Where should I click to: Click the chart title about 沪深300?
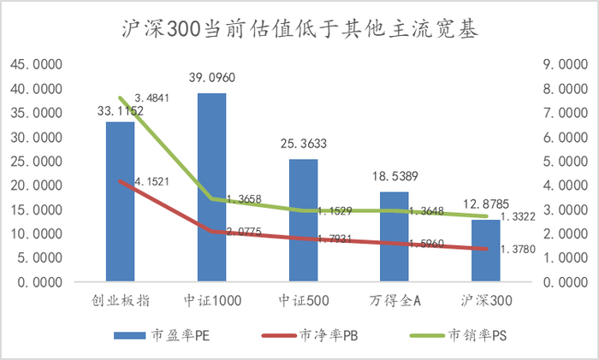[x=299, y=30]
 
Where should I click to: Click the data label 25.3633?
[x=304, y=144]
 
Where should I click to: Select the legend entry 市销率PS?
[x=463, y=335]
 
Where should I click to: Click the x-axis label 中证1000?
[x=211, y=301]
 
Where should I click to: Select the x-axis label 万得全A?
[x=394, y=301]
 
